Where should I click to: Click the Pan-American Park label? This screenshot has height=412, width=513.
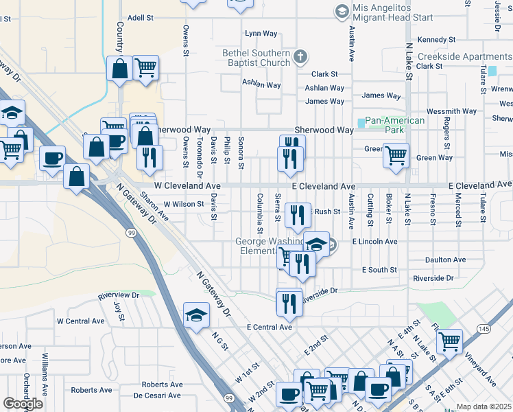(395, 124)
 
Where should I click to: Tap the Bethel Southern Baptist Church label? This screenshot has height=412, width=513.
(256, 58)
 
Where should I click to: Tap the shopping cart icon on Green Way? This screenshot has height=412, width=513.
(396, 156)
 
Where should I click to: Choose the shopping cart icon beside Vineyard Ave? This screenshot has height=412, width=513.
(449, 341)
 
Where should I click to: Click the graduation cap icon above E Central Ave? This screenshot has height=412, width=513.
(196, 315)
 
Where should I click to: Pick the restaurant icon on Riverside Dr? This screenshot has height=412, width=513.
(289, 302)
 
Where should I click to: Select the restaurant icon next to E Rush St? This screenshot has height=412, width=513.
(298, 216)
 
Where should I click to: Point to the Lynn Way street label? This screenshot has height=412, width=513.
(261, 33)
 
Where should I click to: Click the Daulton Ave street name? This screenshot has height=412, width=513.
(445, 260)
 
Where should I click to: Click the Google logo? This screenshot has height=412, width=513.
(23, 404)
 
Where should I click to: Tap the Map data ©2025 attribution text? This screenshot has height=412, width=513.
(484, 407)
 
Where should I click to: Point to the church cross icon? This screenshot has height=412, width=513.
(300, 56)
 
